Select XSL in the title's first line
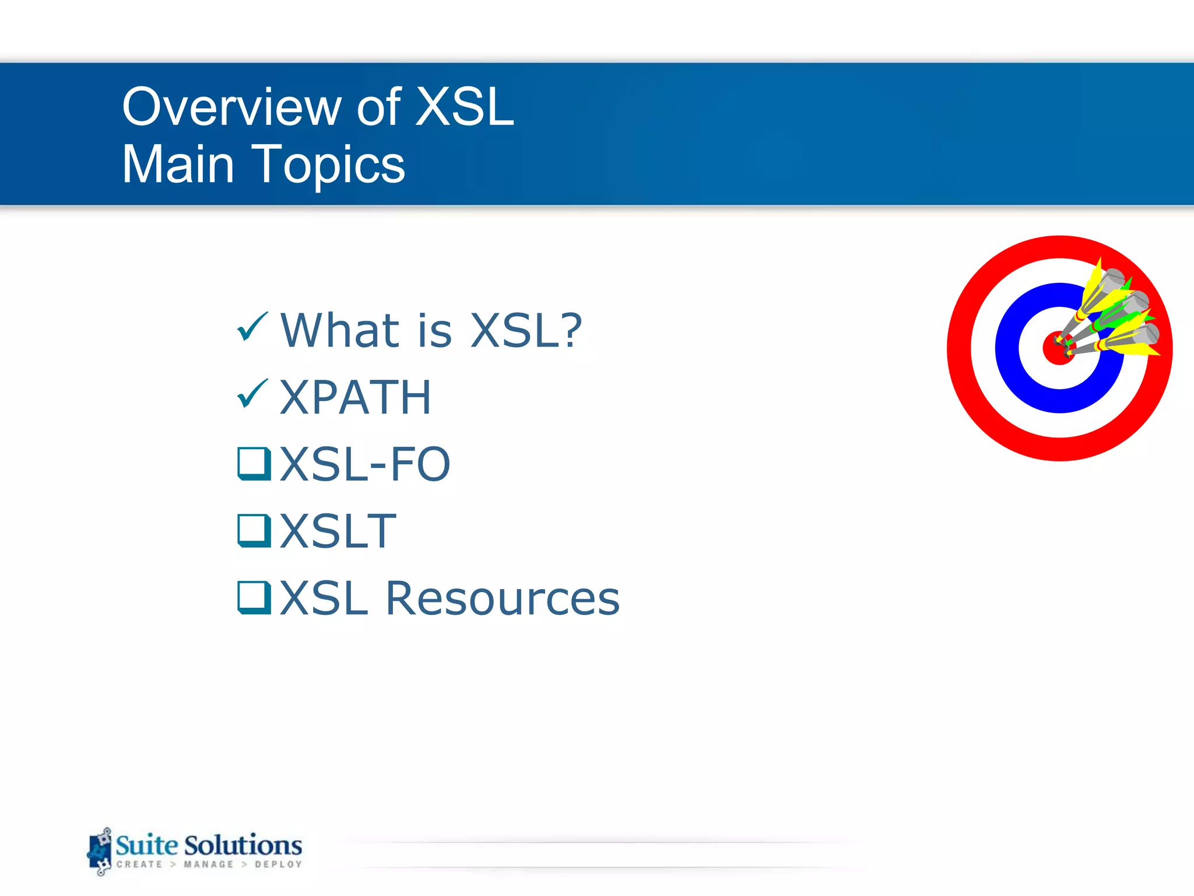click(464, 107)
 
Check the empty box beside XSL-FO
click(254, 464)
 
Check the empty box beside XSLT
click(254, 531)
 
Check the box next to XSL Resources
click(254, 598)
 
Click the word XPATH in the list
click(356, 398)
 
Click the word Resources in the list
click(503, 599)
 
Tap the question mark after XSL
click(567, 330)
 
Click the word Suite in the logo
click(147, 845)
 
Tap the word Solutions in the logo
click(243, 845)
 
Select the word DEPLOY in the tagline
click(278, 864)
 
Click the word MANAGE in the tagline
click(208, 864)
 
